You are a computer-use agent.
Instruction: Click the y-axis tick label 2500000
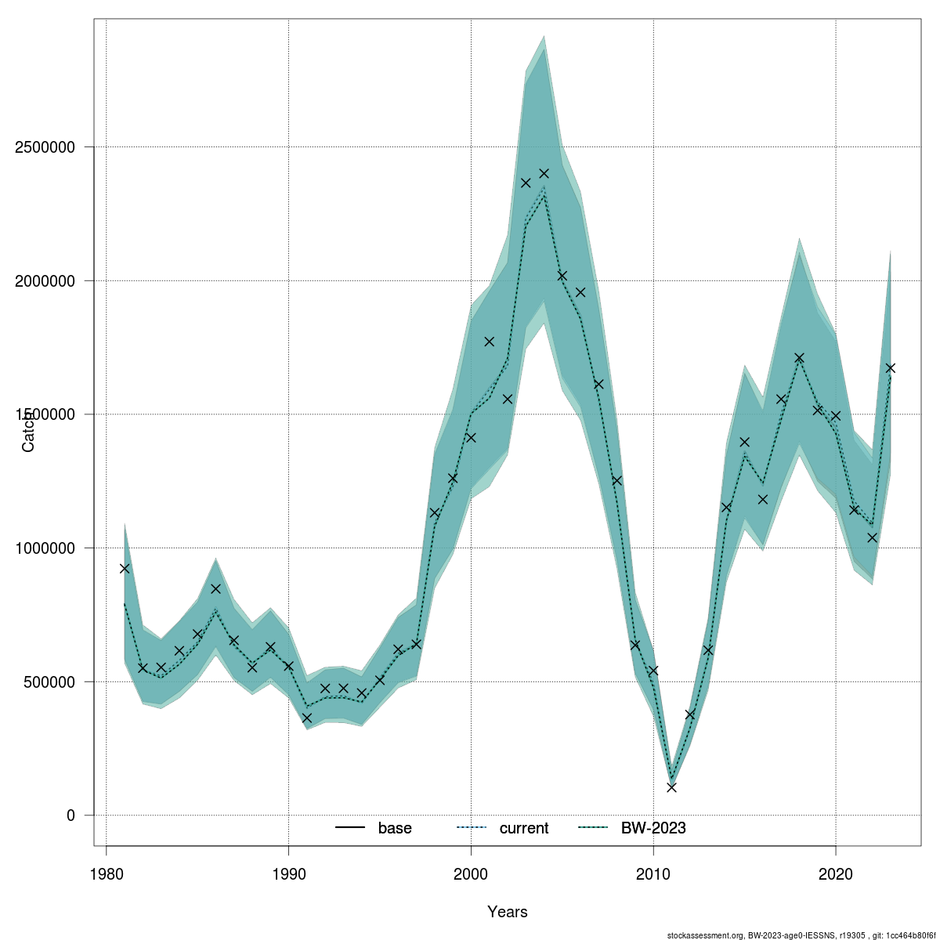[x=48, y=147]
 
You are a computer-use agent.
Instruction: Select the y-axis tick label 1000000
[x=48, y=548]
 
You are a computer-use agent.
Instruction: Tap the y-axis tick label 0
[x=70, y=815]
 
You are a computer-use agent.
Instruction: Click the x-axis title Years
[x=508, y=912]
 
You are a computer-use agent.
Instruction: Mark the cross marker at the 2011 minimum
[x=671, y=787]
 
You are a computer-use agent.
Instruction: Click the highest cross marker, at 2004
[x=544, y=173]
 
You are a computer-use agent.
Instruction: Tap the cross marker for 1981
[x=125, y=568]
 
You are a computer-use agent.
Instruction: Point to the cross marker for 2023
[x=890, y=367]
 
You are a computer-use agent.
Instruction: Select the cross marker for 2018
[x=799, y=358]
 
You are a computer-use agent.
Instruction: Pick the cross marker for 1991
[x=307, y=718]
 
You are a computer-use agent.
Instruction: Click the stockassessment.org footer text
[x=799, y=935]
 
